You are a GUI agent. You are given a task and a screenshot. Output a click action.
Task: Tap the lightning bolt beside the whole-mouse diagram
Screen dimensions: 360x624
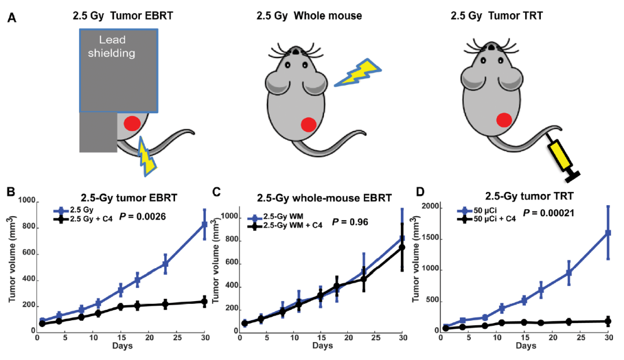[x=356, y=73]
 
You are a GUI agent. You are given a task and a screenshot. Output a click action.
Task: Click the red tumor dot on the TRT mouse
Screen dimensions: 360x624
[x=504, y=120]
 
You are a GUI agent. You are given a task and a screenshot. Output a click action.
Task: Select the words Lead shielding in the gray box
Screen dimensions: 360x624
[x=116, y=47]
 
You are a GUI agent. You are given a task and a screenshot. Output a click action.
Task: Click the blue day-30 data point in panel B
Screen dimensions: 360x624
[x=205, y=224]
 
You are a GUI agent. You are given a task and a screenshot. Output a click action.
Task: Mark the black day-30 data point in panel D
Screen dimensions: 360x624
[x=607, y=321]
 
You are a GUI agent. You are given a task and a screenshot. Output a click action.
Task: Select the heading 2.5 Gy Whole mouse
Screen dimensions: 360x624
[x=309, y=16]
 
